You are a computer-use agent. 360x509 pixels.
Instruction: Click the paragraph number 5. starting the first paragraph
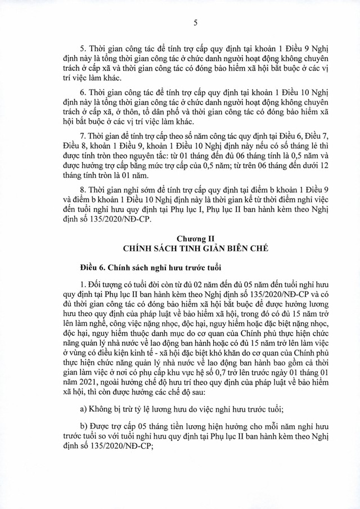84,48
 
